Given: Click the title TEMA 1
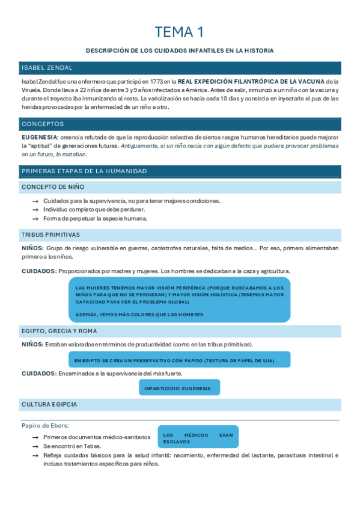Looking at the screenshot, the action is [180, 31].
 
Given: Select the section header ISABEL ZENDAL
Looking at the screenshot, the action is [47, 67].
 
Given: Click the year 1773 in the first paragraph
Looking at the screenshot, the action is [158, 81].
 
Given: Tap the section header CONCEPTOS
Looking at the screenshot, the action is [43, 124].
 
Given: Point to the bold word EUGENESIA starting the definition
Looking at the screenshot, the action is [40, 138].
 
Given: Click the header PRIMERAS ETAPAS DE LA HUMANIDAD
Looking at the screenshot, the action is [84, 171].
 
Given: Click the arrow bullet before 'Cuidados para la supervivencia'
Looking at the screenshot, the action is [36, 201].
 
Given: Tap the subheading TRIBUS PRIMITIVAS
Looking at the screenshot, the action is [51, 235].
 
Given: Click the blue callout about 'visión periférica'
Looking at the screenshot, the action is [180, 301].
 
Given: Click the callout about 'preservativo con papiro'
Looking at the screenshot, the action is [180, 360].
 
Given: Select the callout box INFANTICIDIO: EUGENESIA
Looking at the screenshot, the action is [179, 388].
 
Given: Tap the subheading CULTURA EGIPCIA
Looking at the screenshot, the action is [49, 404].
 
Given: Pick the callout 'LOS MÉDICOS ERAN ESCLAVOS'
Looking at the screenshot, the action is [198, 438].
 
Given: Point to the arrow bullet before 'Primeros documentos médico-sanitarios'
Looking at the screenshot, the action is [36, 437].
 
